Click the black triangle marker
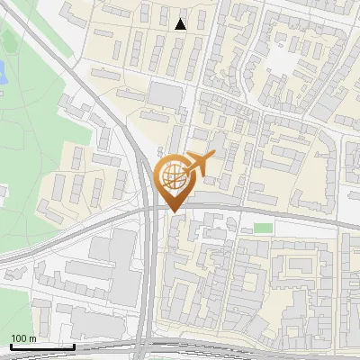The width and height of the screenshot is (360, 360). pyautogui.click(x=181, y=24)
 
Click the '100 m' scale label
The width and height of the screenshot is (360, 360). pyautogui.click(x=23, y=338)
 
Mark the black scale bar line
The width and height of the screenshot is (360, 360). pyautogui.click(x=40, y=346)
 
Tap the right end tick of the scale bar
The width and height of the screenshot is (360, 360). pyautogui.click(x=73, y=345)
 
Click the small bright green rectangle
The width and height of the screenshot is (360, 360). pyautogui.click(x=262, y=228)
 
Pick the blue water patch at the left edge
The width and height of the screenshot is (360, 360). pyautogui.click(x=3, y=72)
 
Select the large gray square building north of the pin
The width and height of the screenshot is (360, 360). pyautogui.click(x=165, y=94)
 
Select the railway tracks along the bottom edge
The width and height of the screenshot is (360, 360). pyautogui.click(x=225, y=349)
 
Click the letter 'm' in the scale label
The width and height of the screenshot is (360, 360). pyautogui.click(x=31, y=338)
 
